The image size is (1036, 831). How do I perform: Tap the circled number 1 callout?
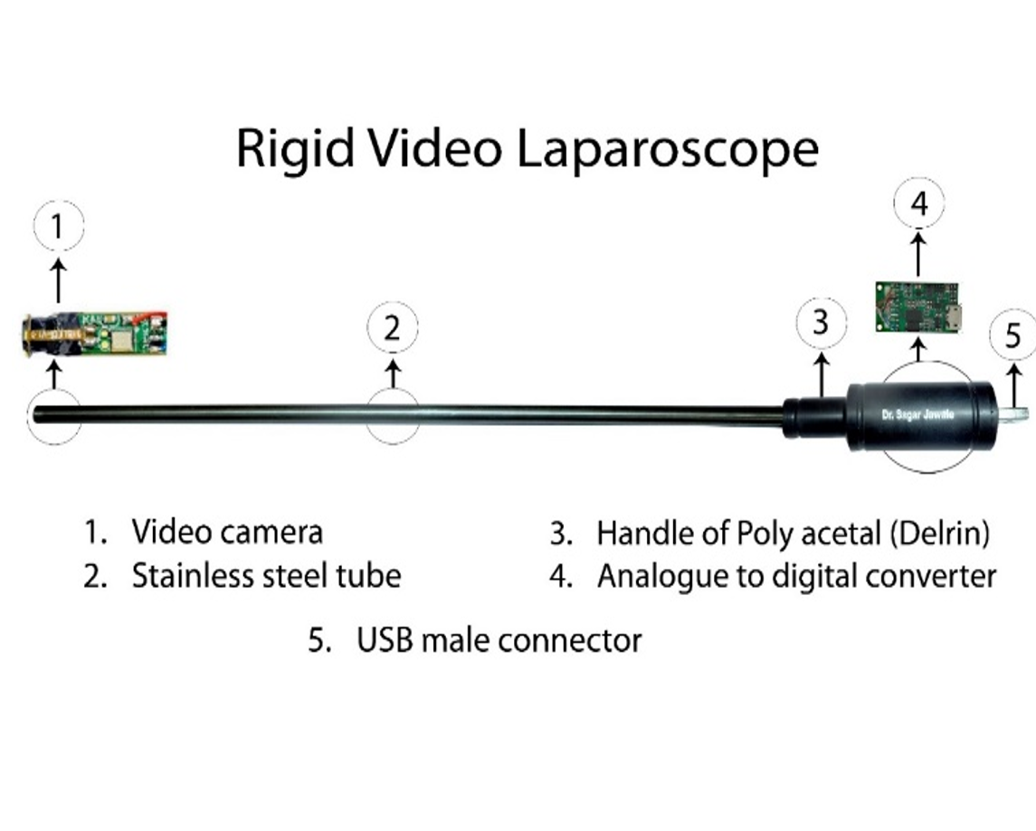pyautogui.click(x=59, y=226)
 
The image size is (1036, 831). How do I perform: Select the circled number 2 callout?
pyautogui.click(x=393, y=327)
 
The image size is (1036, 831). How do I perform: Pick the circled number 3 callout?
pyautogui.click(x=821, y=323)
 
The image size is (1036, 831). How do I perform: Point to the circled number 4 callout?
pyautogui.click(x=919, y=203)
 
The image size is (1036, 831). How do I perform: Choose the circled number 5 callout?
pyautogui.click(x=1013, y=336)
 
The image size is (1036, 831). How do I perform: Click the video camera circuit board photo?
pyautogui.click(x=94, y=335)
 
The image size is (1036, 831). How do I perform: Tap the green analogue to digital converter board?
pyautogui.click(x=919, y=307)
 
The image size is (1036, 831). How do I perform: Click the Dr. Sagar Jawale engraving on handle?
pyautogui.click(x=918, y=414)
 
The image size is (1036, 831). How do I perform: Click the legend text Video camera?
pyautogui.click(x=227, y=533)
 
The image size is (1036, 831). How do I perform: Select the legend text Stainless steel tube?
pyautogui.click(x=266, y=576)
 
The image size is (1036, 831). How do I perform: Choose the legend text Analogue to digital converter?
pyautogui.click(x=797, y=576)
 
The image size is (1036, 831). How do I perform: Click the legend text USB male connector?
pyautogui.click(x=499, y=640)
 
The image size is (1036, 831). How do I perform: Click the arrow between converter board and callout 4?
pyautogui.click(x=918, y=256)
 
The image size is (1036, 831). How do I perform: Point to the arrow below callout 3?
pyautogui.click(x=822, y=375)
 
